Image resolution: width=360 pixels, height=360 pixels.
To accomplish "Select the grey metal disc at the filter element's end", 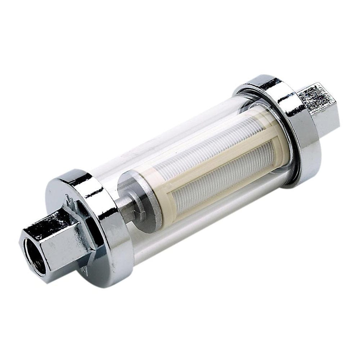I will point(142,202).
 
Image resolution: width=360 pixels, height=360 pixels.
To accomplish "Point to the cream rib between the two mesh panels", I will point(216,158).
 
